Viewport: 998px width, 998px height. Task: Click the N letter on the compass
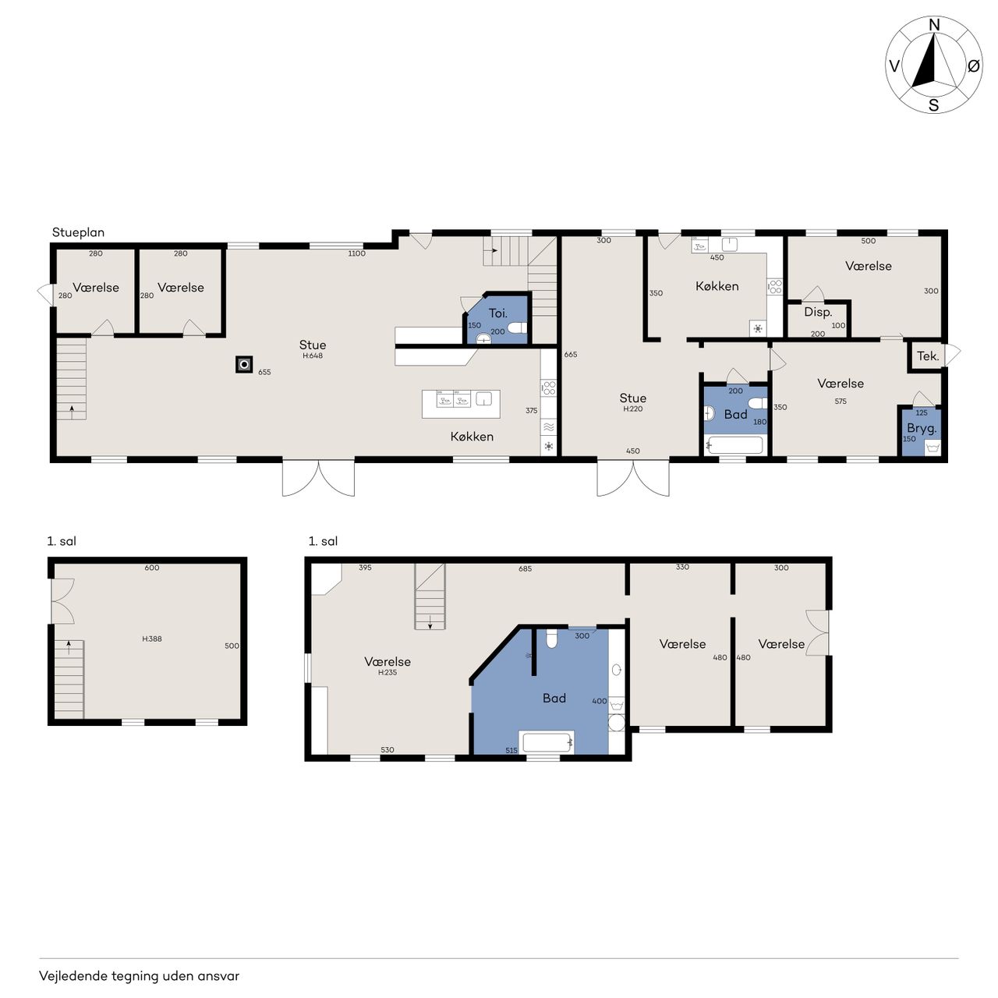click(x=934, y=25)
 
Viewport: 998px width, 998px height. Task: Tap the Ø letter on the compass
click(x=973, y=65)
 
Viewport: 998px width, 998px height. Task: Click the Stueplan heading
click(x=78, y=232)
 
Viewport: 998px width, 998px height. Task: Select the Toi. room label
click(x=497, y=313)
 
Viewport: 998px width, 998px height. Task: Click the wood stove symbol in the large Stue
click(x=245, y=365)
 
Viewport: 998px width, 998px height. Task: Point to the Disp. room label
click(x=818, y=313)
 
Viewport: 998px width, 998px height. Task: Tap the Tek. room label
click(x=928, y=356)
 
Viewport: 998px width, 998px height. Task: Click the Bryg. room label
click(x=922, y=429)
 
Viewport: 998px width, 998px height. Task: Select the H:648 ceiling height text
click(x=313, y=356)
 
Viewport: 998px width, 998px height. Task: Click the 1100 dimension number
click(x=357, y=253)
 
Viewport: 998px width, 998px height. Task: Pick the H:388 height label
click(x=152, y=639)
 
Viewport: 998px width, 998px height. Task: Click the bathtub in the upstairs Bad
click(x=547, y=742)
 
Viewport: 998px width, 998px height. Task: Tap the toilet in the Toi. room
click(x=517, y=327)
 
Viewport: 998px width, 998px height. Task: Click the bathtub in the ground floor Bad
click(x=735, y=445)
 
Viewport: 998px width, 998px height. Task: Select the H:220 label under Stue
click(x=633, y=409)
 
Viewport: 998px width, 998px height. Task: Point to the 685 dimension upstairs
click(x=526, y=568)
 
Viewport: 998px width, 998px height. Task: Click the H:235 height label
click(x=388, y=673)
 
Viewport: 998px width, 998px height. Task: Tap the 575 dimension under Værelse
click(x=841, y=402)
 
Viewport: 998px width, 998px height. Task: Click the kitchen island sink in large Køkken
click(x=483, y=398)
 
